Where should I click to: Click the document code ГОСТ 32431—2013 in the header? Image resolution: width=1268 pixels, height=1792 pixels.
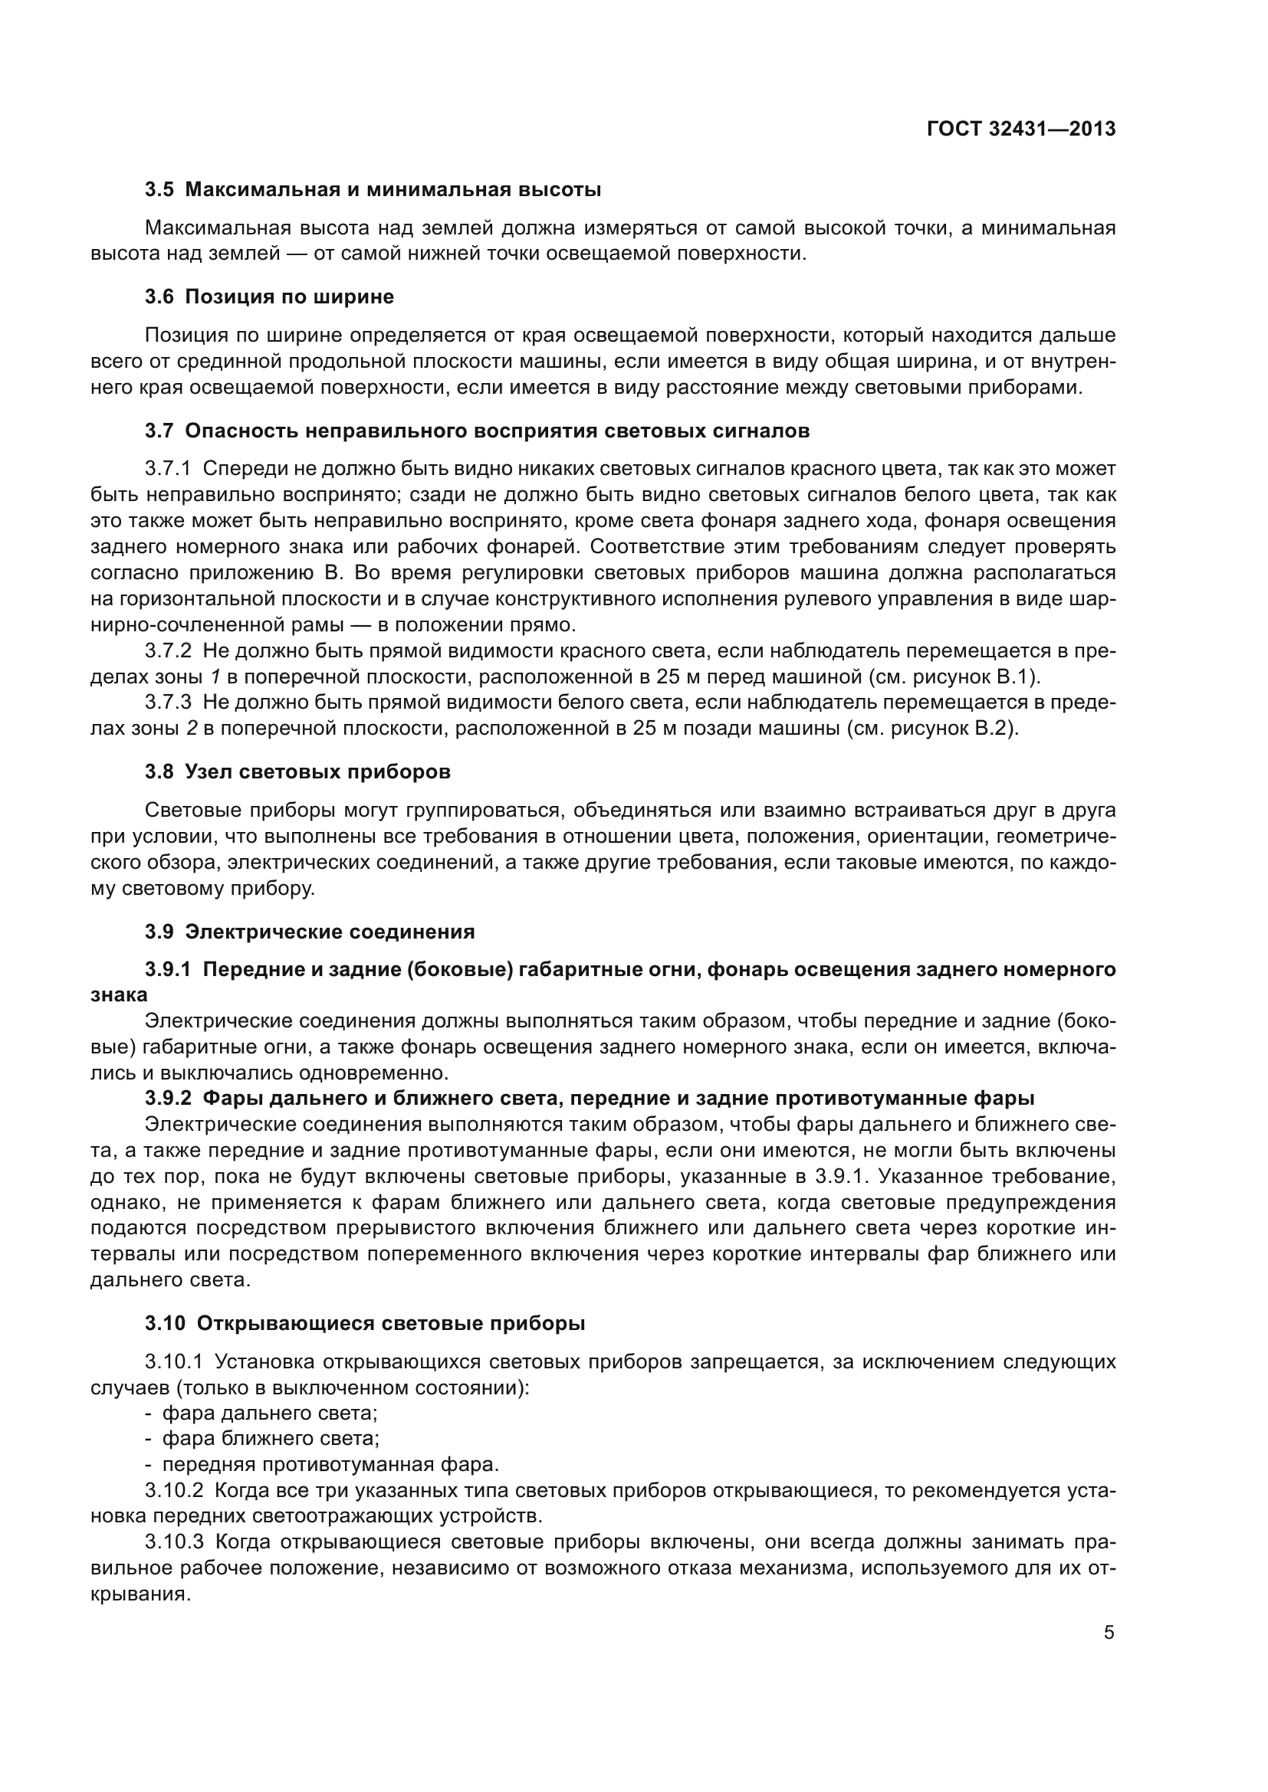click(1020, 129)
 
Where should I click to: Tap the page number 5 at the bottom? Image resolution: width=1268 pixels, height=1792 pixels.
click(1109, 1633)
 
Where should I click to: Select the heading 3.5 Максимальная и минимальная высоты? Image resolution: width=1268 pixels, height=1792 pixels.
click(373, 190)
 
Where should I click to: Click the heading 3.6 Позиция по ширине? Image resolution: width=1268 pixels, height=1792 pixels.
click(268, 296)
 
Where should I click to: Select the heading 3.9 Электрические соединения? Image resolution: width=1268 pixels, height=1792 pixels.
click(309, 932)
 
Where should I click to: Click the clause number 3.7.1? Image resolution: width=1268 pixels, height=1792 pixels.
click(168, 469)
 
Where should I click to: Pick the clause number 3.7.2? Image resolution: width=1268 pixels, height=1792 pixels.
click(168, 651)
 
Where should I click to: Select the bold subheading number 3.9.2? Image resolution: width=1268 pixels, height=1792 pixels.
click(168, 1098)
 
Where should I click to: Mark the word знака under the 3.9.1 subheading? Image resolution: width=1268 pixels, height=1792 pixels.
click(119, 995)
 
